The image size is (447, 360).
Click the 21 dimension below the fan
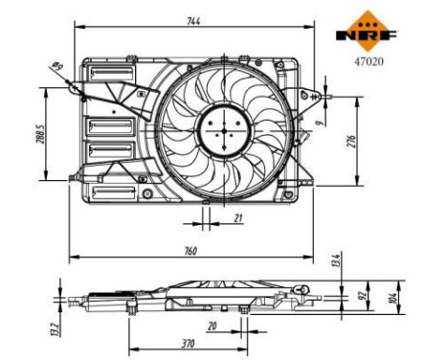237,219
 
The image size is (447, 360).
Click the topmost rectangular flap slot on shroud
100,74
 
